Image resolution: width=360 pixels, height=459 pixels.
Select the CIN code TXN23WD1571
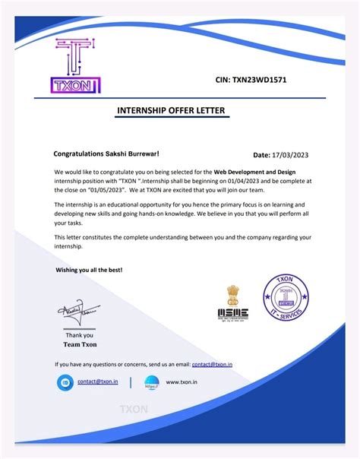click(x=251, y=80)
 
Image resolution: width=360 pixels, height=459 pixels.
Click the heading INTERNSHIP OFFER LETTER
click(x=171, y=112)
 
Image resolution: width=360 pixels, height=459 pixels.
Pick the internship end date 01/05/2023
click(x=99, y=190)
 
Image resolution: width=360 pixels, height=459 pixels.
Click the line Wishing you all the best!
click(x=89, y=270)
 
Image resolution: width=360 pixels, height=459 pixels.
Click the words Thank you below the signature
click(x=79, y=335)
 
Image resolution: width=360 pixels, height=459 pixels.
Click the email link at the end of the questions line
click(x=212, y=365)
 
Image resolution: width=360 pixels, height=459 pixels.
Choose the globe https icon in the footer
click(x=151, y=382)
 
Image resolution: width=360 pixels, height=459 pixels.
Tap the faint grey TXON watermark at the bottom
click(x=134, y=410)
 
